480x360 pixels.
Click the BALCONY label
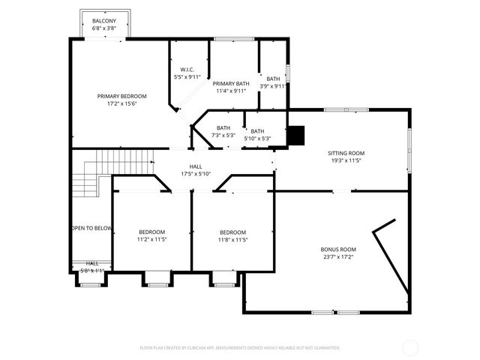[x=104, y=20]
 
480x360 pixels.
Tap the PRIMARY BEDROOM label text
[x=121, y=96]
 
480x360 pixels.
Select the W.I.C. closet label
[x=187, y=69]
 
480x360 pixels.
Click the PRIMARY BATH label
[x=230, y=83]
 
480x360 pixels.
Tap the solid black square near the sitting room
[x=298, y=134]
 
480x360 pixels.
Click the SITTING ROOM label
[x=346, y=153]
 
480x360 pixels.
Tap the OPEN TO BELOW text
[x=91, y=228]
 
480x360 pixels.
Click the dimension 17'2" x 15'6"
[x=121, y=103]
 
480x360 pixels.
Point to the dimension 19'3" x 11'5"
[x=346, y=160]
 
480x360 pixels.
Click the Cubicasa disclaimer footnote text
[x=240, y=348]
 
